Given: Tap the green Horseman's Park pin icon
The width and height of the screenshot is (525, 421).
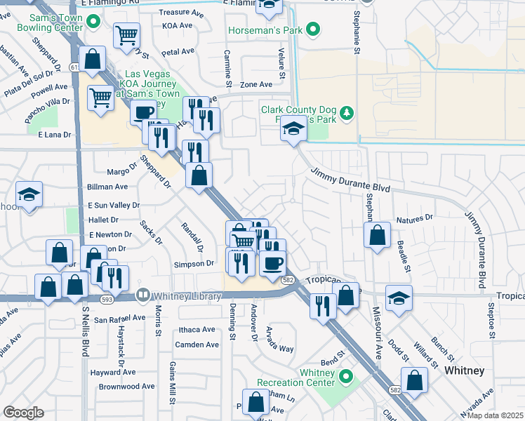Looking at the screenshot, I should pos(314,29).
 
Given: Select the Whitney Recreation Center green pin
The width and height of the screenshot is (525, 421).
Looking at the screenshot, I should pos(345,377).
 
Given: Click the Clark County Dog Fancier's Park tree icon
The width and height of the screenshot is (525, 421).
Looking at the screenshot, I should pos(345,113).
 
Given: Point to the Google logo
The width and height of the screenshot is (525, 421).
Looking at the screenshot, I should pos(23,413).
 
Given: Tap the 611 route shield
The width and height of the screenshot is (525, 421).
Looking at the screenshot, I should pos(74,67).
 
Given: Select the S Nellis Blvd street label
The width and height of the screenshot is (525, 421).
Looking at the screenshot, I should pos(86,329).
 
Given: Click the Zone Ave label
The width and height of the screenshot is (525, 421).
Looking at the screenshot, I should pos(256,84).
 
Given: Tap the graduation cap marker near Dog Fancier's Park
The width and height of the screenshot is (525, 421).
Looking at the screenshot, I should pos(293,128).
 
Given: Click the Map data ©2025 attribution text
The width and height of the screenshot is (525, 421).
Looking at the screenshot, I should pos(494,415).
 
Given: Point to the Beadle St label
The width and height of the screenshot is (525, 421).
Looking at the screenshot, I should pos(403,254).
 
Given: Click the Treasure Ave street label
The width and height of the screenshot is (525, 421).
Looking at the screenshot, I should pos(175,13).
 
